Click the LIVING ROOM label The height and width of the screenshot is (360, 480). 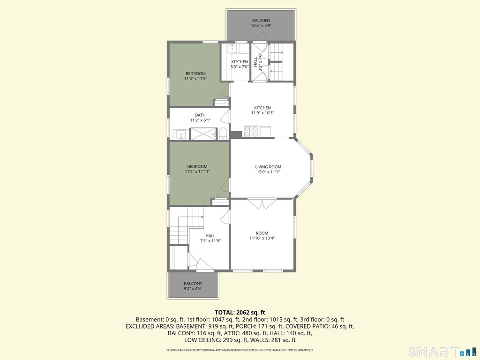coord(268,167)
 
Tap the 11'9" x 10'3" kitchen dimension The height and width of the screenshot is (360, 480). coord(262,113)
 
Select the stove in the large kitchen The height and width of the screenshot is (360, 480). coord(251,131)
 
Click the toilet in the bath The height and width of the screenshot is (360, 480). coord(223,134)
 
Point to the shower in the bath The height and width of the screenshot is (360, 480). coord(203,134)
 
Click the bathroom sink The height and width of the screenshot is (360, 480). coord(181,135)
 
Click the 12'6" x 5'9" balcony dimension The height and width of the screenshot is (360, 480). coord(261,26)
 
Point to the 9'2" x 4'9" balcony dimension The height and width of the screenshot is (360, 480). coord(193,289)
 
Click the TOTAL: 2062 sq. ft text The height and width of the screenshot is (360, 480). coord(240,313)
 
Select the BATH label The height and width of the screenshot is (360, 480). coord(200,115)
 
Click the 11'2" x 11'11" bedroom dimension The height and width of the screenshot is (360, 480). coord(197,172)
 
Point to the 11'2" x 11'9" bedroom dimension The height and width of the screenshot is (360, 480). coord(195,79)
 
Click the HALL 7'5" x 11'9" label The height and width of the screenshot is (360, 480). coord(210,238)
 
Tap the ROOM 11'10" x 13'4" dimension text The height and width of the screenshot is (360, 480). coord(262,238)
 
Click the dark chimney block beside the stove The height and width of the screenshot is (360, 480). coord(236,134)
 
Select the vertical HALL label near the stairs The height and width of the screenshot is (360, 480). coord(255,62)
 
